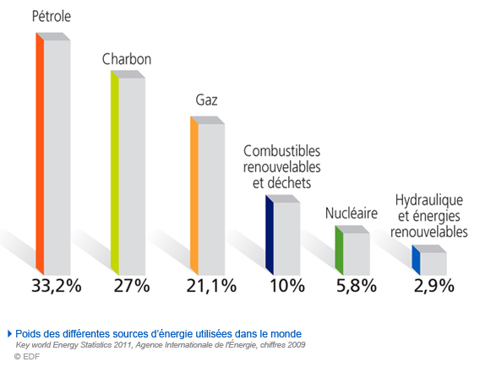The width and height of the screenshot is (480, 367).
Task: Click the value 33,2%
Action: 56,285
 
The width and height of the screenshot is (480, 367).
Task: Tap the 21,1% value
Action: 210,285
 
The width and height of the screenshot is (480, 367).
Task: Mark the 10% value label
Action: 286,285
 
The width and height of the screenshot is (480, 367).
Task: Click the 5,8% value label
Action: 355,285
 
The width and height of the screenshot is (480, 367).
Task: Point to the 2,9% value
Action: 433,285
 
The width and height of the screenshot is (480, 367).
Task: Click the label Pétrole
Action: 52,16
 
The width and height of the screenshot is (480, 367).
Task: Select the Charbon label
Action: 127,60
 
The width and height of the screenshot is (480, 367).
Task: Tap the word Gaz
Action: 206,100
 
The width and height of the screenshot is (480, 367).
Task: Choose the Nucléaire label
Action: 351,213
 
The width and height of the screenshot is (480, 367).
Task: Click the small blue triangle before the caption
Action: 9,333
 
